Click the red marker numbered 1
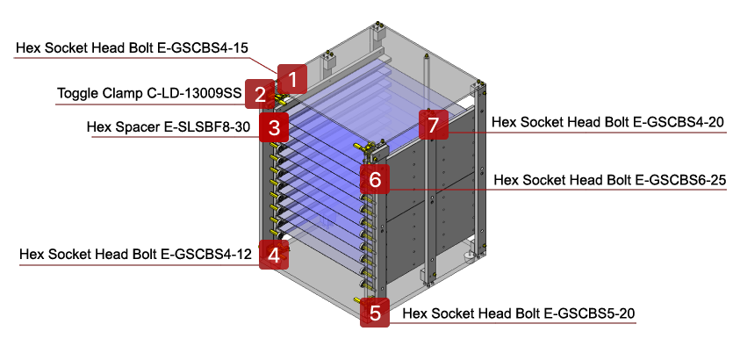(293, 79)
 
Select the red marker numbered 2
(260, 94)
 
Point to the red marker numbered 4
(275, 256)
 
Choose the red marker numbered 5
(376, 313)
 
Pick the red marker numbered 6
(375, 180)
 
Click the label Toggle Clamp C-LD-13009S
(144, 93)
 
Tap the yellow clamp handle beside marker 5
(357, 301)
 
